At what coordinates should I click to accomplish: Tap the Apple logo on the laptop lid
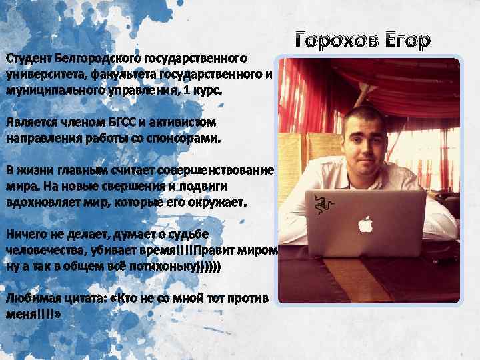click(x=365, y=225)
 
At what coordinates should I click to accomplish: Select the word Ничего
click(x=26, y=234)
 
